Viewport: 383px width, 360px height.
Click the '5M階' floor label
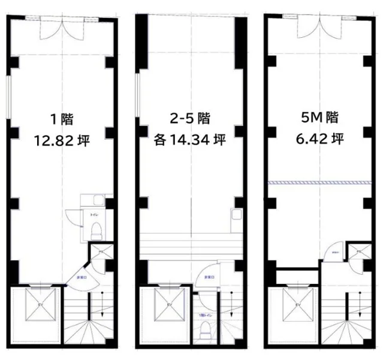317,118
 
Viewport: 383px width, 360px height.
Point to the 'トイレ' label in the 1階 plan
94,214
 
